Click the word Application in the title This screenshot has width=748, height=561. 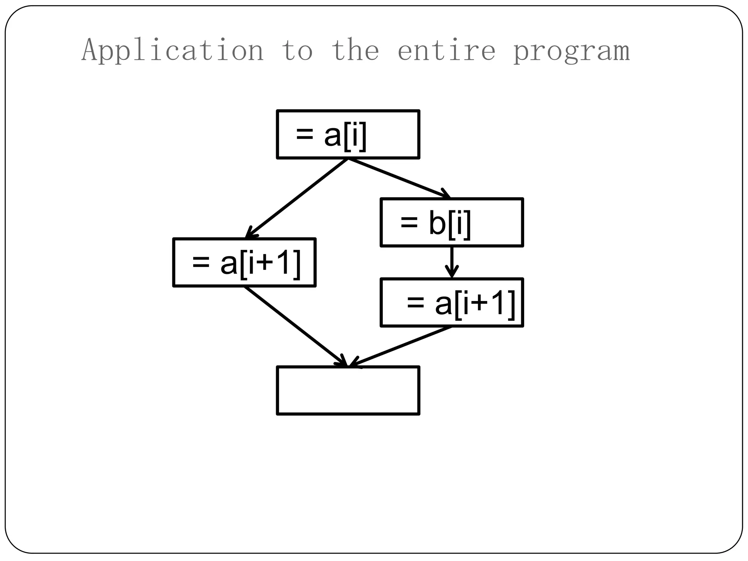172,50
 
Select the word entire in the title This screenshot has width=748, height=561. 446,50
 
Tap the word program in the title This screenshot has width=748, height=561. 572,51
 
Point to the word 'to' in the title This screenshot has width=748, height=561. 297,50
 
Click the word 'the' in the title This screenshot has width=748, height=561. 355,50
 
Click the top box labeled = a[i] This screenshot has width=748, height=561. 348,134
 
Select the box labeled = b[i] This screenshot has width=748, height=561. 452,222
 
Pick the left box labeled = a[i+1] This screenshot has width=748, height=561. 244,262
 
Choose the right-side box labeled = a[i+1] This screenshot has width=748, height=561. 452,302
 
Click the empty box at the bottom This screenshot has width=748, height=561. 348,390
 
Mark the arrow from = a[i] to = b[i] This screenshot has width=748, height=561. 398,178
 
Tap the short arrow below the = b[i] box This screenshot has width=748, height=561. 452,262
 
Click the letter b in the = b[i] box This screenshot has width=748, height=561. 437,224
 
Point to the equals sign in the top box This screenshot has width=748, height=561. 304,134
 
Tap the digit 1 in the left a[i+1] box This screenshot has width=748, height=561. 284,263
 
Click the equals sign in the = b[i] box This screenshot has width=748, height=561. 409,222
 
